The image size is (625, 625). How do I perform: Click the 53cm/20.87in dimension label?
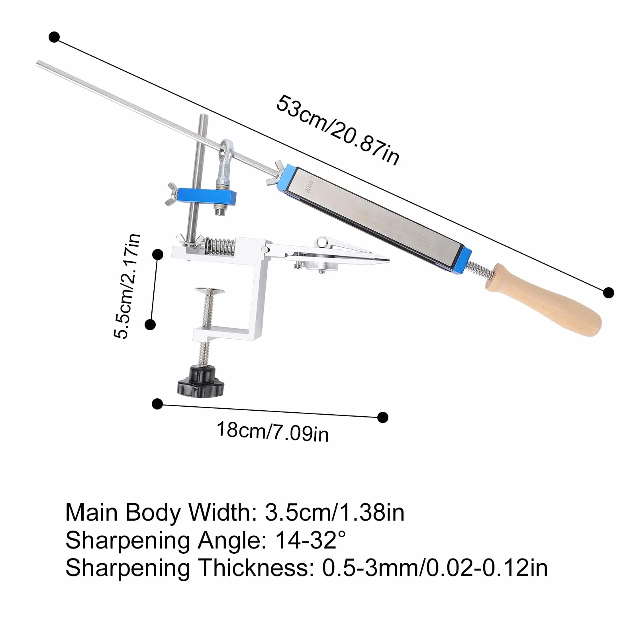[338, 129]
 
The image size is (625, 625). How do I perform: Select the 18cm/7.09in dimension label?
[273, 431]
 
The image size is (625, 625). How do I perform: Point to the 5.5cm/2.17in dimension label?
[127, 286]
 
